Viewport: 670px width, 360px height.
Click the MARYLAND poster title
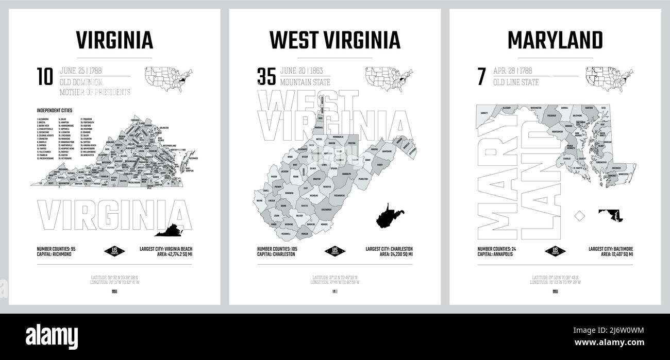555,40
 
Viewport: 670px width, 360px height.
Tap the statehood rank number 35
266,76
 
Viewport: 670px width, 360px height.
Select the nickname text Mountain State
305,82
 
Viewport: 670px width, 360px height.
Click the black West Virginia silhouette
389,215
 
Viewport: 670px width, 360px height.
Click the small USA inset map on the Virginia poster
165,77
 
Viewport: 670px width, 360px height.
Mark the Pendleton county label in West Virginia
363,179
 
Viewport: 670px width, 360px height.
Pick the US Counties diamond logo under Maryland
555,252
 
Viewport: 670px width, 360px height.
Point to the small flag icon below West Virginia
335,292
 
